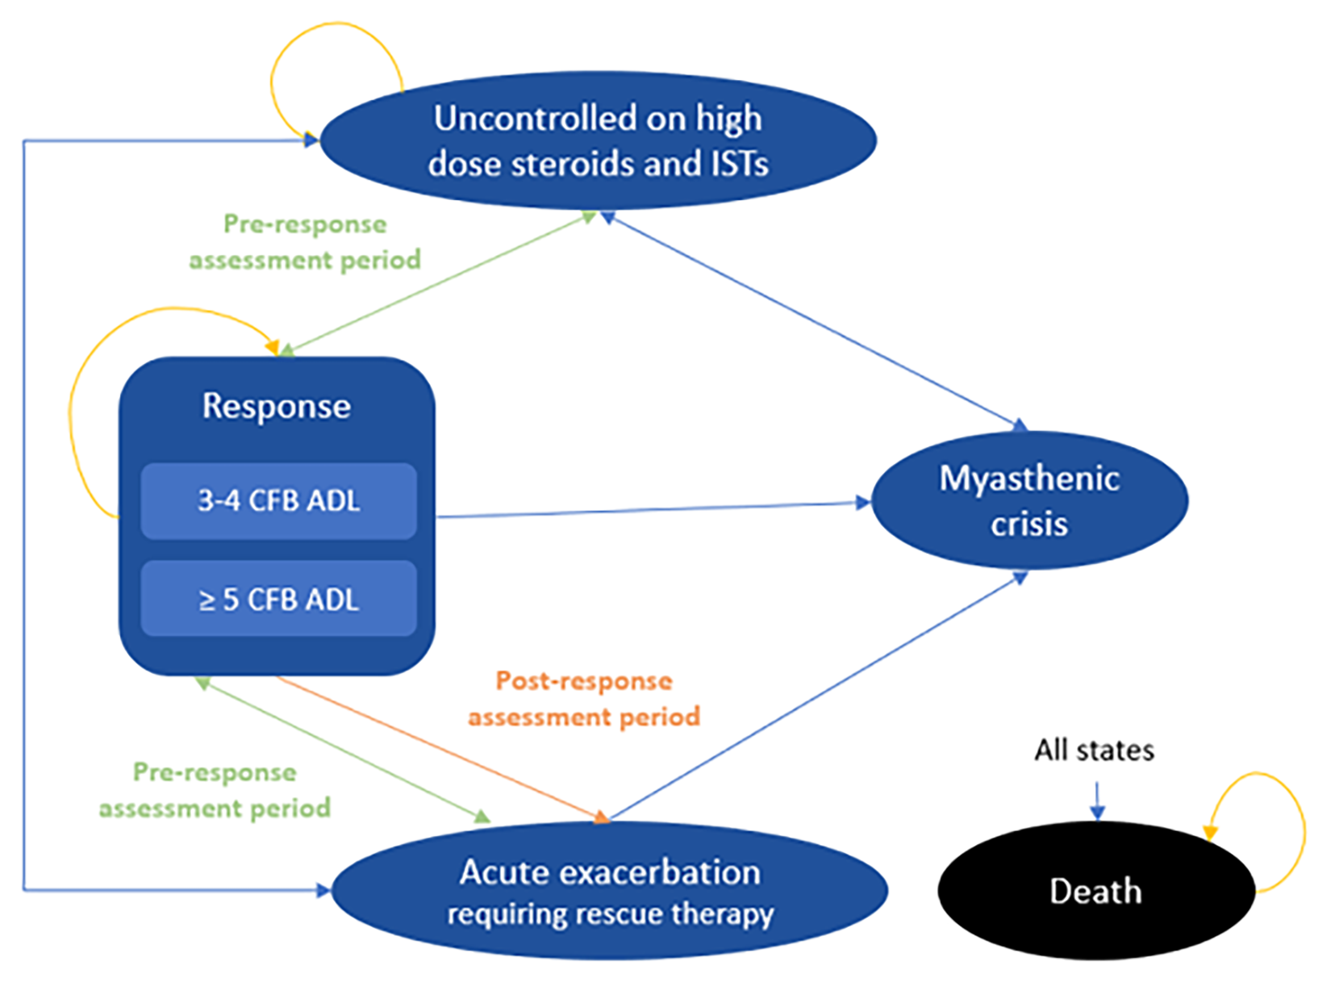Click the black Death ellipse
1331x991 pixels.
(x=1095, y=891)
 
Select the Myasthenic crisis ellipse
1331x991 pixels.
(x=1029, y=500)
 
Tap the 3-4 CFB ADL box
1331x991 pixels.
(x=278, y=501)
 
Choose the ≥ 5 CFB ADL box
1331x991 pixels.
(x=278, y=600)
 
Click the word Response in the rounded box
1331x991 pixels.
(x=276, y=406)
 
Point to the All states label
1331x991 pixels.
(x=1094, y=751)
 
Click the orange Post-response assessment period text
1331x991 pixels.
(x=584, y=699)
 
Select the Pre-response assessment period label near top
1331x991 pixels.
(x=305, y=242)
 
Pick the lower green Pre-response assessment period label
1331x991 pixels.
(x=215, y=790)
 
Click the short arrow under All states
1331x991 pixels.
(x=1097, y=799)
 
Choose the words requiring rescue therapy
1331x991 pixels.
(x=610, y=914)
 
